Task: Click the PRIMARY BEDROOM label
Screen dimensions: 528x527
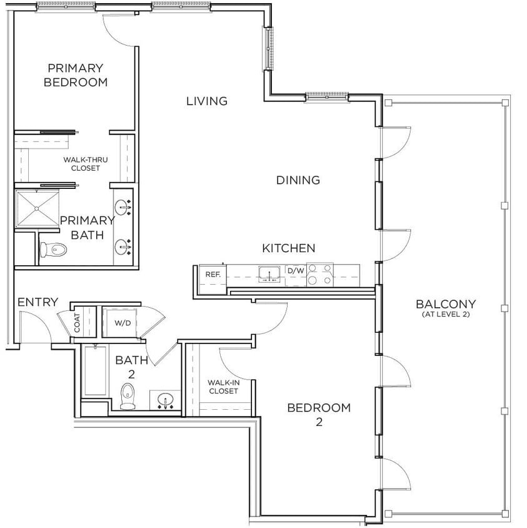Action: click(76, 75)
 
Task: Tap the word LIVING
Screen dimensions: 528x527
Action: click(206, 101)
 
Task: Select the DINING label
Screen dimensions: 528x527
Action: click(298, 180)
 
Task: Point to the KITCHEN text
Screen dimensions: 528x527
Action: click(288, 248)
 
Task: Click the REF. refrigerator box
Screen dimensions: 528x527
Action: click(208, 274)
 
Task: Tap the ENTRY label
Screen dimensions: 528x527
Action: click(38, 302)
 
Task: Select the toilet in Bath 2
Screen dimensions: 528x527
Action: click(128, 396)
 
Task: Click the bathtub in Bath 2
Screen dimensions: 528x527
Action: click(95, 372)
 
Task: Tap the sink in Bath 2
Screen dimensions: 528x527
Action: click(166, 400)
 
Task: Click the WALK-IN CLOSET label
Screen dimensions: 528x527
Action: click(223, 386)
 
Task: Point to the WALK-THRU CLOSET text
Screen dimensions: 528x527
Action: click(85, 164)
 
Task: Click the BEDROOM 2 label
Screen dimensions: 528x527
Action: click(318, 414)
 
